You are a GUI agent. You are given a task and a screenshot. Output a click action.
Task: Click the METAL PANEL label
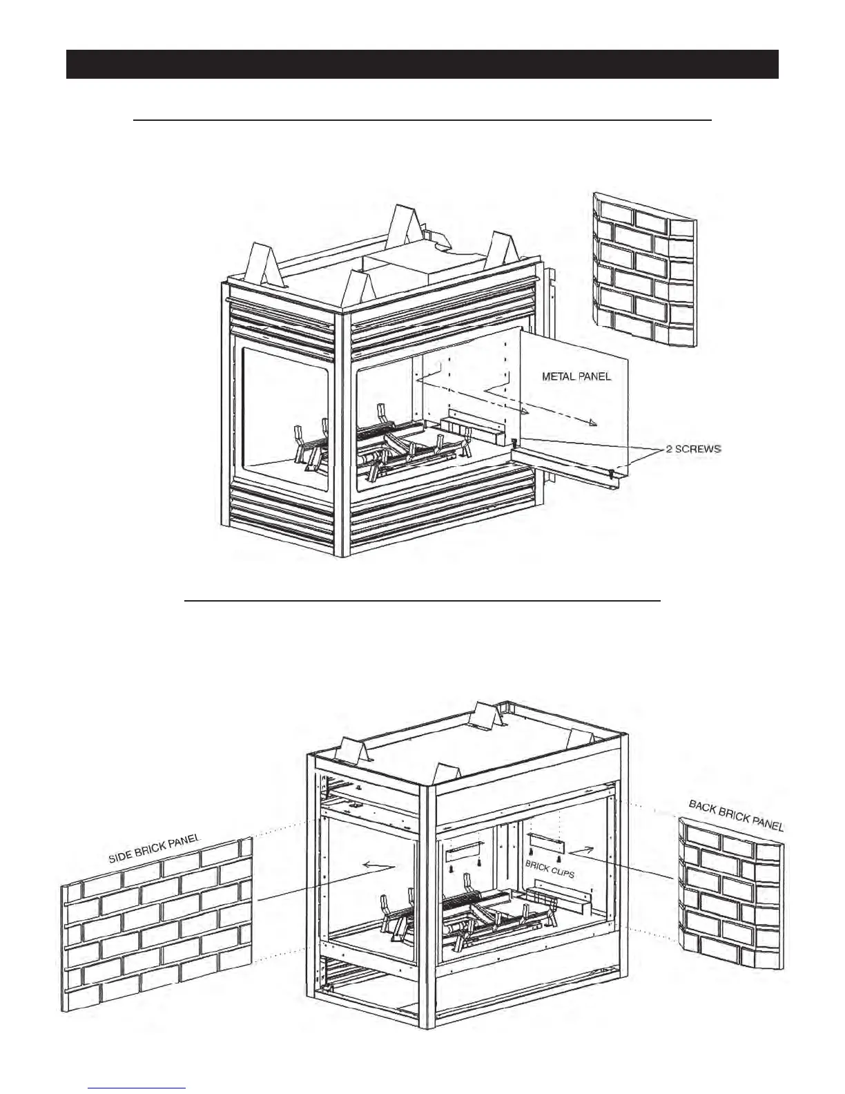coord(576,377)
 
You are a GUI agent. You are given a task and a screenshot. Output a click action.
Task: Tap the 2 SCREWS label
coord(693,450)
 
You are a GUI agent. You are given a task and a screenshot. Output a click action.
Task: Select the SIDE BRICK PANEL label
coord(154,847)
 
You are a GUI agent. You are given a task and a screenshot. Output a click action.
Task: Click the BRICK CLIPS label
coord(550,868)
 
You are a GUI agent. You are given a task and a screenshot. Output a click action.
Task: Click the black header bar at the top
coord(422,64)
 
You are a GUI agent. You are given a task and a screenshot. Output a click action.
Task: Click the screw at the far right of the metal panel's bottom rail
coord(611,473)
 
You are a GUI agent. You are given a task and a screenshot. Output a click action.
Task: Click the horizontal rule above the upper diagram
coord(422,120)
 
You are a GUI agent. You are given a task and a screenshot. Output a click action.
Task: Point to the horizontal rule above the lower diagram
coord(422,601)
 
